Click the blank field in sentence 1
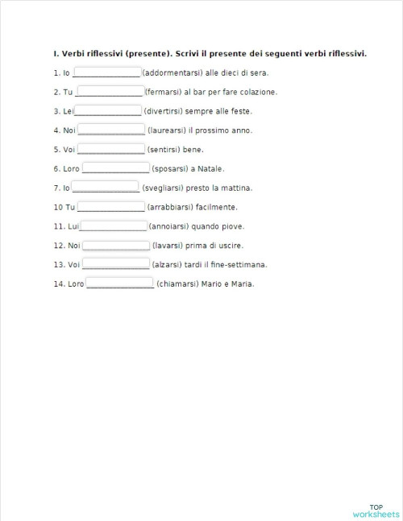coord(106,72)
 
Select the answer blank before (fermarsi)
coord(109,92)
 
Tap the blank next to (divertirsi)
coord(108,110)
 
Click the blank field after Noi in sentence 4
coord(112,130)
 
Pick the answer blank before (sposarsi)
coord(116,168)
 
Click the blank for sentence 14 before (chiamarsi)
coord(120,283)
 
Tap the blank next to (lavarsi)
coord(116,246)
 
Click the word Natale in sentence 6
coord(210,168)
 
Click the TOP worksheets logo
coord(376,509)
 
